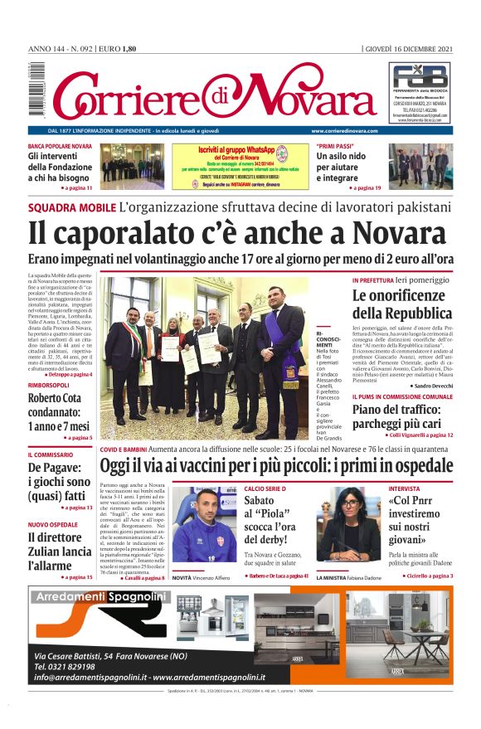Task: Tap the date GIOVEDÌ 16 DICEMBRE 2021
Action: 408,49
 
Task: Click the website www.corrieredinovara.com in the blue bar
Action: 344,131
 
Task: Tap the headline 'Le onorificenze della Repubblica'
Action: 401,304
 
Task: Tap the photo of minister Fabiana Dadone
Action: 348,524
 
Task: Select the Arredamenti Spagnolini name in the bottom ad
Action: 97,596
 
